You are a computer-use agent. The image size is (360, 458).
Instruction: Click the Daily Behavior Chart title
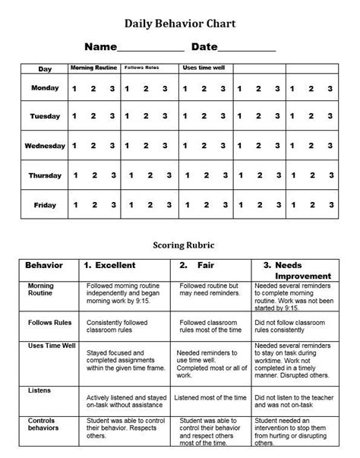(180, 24)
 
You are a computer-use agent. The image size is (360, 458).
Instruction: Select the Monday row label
(45, 88)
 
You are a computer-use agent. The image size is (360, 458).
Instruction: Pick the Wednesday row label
(45, 146)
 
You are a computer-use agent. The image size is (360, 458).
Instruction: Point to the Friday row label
(45, 204)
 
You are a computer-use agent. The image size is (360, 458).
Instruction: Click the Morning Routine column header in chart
(93, 68)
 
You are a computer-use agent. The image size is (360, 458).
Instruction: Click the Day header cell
(45, 69)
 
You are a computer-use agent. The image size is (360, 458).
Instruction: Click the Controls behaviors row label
(42, 425)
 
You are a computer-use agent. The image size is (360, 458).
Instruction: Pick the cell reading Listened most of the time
(210, 397)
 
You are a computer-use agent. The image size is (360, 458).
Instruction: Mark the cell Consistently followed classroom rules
(122, 327)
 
